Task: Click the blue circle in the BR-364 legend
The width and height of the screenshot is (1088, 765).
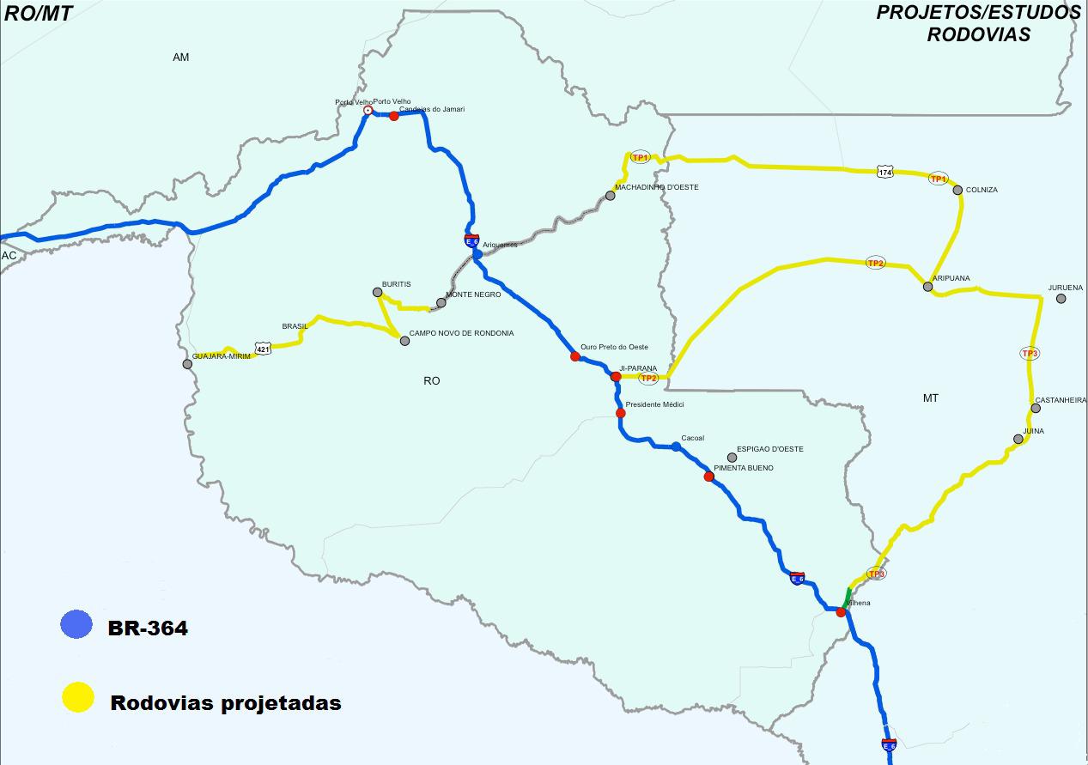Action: tap(76, 624)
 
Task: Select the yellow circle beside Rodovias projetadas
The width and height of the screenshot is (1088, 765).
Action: tap(77, 697)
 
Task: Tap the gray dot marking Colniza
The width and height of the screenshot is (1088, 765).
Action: tap(957, 190)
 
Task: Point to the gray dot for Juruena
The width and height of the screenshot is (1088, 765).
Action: tap(1061, 299)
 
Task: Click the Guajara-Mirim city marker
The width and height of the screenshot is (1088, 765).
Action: tap(187, 364)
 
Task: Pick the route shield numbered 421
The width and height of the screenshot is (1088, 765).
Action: tap(263, 349)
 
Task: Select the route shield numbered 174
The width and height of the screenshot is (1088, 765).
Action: tap(885, 173)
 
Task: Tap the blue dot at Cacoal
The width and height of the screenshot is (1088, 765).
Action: tap(676, 446)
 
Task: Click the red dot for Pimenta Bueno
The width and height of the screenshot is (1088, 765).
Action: tap(708, 477)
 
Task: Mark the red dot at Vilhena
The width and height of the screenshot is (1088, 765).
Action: tap(841, 612)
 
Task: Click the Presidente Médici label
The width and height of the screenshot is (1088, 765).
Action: tap(654, 404)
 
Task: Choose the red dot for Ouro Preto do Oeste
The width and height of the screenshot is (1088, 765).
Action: tap(575, 356)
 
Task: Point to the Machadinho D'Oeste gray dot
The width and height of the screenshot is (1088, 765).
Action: tap(610, 196)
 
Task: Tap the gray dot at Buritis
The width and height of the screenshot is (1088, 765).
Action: tap(377, 293)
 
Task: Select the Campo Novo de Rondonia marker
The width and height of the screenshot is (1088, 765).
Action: tap(405, 341)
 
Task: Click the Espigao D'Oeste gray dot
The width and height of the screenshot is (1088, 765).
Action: tap(732, 458)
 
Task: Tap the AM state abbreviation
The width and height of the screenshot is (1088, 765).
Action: tap(180, 58)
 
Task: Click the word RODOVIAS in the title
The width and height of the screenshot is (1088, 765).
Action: tap(977, 35)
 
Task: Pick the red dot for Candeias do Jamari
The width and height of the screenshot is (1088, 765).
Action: tap(394, 116)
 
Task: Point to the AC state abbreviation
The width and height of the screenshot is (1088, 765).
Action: tap(9, 256)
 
